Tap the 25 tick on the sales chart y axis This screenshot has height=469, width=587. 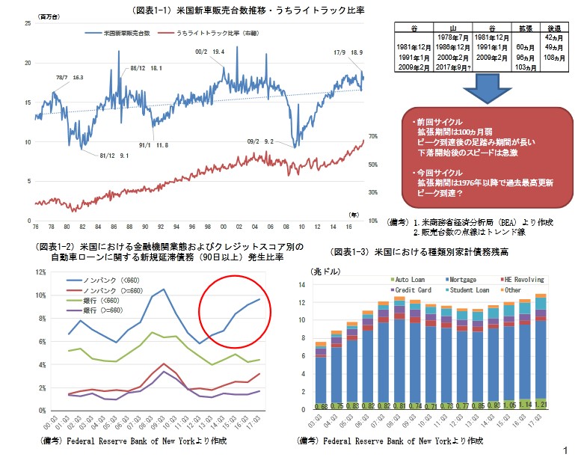pyautogui.click(x=28, y=24)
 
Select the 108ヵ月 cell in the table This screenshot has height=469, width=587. pyautogui.click(x=554, y=56)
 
